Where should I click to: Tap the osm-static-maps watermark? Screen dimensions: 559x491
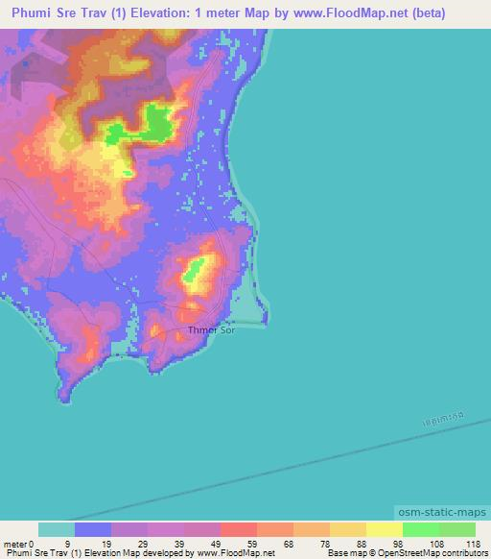442,514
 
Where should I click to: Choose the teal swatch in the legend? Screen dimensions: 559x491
57,529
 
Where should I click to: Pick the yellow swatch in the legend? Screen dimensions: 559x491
385,529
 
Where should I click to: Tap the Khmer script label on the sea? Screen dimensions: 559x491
443,415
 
